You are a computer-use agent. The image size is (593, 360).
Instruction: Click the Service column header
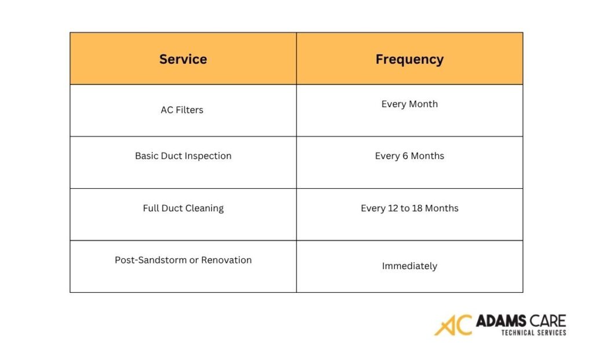tap(183, 59)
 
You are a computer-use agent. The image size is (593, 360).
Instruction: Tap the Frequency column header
tap(409, 59)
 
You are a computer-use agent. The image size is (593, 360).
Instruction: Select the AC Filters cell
tap(182, 110)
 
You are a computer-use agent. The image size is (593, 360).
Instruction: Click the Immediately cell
tap(409, 266)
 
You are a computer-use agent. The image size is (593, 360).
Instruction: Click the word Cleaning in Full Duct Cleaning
tap(204, 208)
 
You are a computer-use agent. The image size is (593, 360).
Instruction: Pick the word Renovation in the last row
tap(226, 260)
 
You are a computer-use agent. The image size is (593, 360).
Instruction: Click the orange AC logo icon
tap(453, 325)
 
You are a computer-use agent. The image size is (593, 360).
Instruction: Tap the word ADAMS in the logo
tap(501, 321)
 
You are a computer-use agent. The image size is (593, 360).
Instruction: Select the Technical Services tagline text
tap(533, 333)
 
